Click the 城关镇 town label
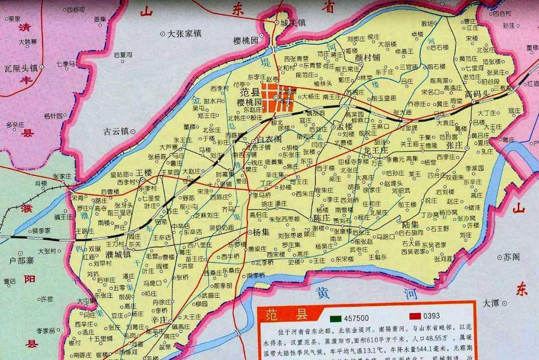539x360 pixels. pyautogui.click(x=293, y=23)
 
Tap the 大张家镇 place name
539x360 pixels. pyautogui.click(x=184, y=33)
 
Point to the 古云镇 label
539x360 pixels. pyautogui.click(x=117, y=130)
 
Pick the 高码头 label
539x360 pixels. pyautogui.click(x=477, y=94)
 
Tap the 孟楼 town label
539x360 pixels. pyautogui.click(x=345, y=127)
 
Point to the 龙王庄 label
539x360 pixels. pyautogui.click(x=377, y=151)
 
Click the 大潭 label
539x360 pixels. pyautogui.click(x=491, y=303)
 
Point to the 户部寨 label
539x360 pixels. pyautogui.click(x=22, y=261)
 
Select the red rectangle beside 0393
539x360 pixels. pyautogui.click(x=414, y=315)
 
